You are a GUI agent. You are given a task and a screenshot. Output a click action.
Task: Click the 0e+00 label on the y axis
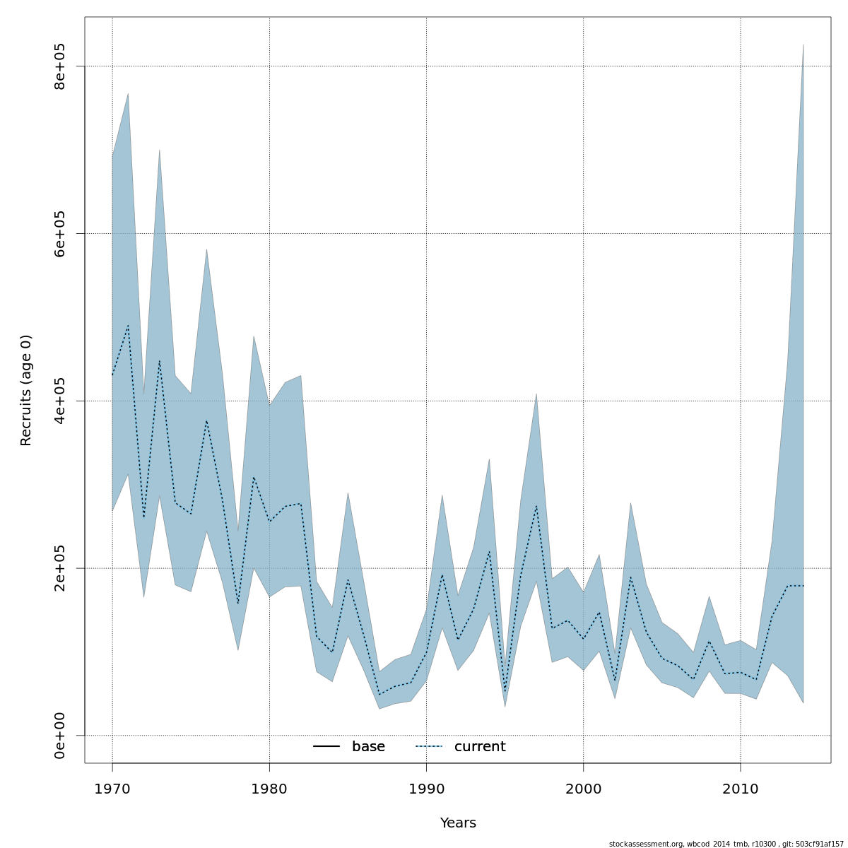coord(60,736)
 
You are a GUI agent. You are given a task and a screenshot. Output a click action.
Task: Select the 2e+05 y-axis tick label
coord(60,568)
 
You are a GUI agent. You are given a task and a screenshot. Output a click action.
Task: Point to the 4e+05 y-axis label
coord(60,401)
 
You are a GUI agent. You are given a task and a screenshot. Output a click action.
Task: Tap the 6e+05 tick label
coord(60,233)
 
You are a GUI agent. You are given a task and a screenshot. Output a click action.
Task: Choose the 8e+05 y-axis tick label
coord(60,66)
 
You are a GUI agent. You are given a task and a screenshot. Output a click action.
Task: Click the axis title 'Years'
coord(458,823)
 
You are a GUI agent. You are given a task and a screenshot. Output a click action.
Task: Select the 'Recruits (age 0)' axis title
coord(26,390)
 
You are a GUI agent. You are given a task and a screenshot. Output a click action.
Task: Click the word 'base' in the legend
coord(368,747)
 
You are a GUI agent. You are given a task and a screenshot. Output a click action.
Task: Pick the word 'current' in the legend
coord(480,747)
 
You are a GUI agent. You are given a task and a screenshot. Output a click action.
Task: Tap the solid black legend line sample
coord(326,747)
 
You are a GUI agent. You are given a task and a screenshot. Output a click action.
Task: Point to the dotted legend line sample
coord(429,747)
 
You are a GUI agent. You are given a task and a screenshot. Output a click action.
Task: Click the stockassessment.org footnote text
coord(726,844)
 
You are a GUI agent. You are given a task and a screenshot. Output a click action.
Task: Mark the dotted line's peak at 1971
coord(128,325)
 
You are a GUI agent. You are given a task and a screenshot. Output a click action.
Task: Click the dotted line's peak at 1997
coord(536,505)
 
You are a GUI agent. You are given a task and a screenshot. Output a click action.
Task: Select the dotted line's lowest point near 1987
coord(379,695)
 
